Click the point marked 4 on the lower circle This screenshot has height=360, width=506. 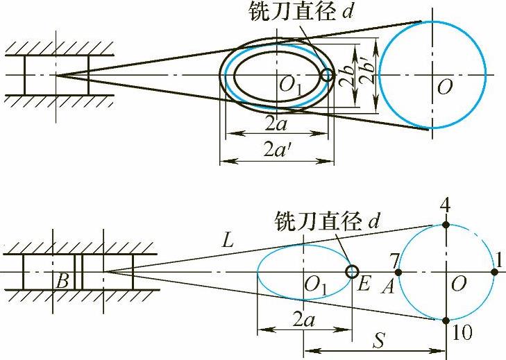pos(446,224)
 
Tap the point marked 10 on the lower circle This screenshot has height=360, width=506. pos(446,320)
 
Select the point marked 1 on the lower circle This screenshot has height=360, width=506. pos(494,271)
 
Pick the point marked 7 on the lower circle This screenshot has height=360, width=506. pos(398,271)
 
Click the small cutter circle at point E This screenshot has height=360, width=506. pos(351,271)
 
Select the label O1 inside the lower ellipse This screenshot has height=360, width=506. pos(315,284)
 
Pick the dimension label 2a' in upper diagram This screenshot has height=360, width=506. pos(278,148)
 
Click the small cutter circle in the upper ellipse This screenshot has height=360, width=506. pos(327,74)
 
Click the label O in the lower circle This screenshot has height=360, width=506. pos(457,284)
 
